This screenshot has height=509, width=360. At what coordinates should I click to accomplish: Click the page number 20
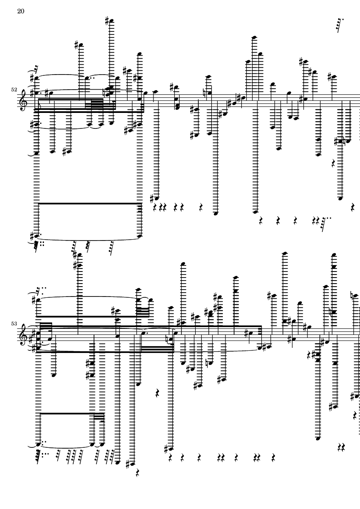coord(20,11)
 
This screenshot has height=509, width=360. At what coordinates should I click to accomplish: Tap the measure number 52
coord(14,89)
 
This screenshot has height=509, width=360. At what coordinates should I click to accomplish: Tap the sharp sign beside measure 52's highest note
coord(108,20)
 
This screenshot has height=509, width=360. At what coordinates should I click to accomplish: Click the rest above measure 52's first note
coord(37,69)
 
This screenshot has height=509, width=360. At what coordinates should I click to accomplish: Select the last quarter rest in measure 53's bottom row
coord(273,456)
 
